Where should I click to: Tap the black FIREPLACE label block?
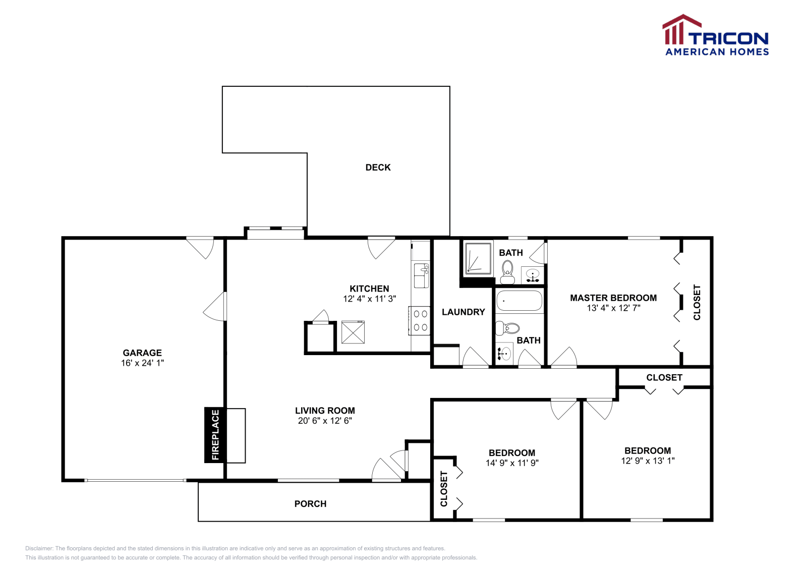pos(215,435)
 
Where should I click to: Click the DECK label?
pos(378,167)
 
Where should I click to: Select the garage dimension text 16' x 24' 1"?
pos(142,363)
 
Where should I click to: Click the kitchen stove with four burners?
pos(420,321)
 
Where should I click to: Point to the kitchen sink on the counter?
pos(421,275)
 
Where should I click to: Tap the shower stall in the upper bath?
pos(478,259)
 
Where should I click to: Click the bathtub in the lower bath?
pos(519,301)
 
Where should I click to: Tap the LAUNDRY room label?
pos(463,312)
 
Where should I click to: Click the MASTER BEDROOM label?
pos(613,298)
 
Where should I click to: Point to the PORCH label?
pos(310,504)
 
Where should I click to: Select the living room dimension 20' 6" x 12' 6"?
pos(325,421)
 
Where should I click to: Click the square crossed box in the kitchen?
pos(353,332)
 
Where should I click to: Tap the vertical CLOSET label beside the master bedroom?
pos(697,302)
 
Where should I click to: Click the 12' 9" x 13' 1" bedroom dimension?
pos(648,461)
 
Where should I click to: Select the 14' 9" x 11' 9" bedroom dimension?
pos(512,463)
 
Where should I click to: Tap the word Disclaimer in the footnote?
pos(39,548)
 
